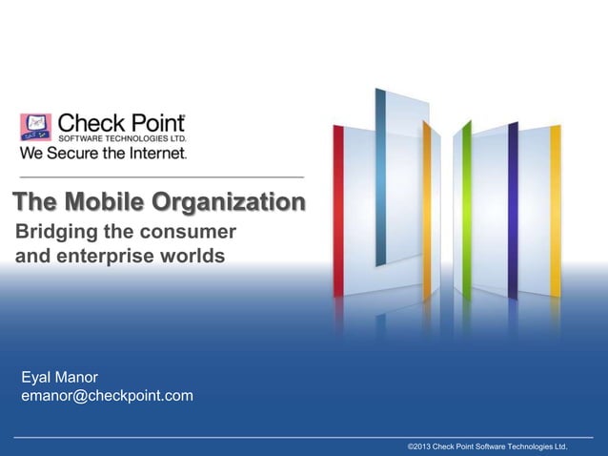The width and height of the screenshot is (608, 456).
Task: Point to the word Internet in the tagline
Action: point(156,150)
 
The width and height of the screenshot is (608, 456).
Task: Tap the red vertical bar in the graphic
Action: point(338,210)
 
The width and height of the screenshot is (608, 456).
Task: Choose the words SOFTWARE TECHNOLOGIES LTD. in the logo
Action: point(122,136)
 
